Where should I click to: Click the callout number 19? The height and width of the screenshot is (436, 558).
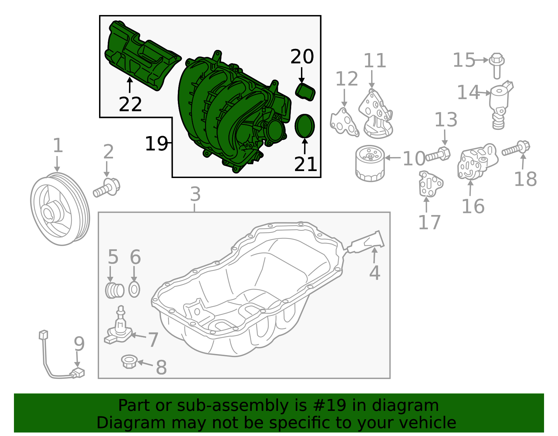click(x=157, y=143)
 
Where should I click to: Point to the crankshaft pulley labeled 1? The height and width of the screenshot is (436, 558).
click(x=60, y=209)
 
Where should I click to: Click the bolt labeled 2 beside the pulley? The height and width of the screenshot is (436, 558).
click(x=106, y=188)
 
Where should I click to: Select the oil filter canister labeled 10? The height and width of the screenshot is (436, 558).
click(x=370, y=163)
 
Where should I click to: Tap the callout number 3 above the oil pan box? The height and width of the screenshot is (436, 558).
click(x=195, y=194)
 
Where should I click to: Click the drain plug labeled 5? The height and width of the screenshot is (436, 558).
click(x=114, y=290)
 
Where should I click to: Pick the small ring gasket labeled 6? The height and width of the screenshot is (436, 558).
click(x=134, y=289)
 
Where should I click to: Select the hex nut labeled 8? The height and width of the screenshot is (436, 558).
click(x=129, y=362)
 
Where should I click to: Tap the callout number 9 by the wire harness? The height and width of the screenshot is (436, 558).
click(x=79, y=344)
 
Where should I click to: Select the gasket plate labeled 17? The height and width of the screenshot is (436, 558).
click(x=430, y=183)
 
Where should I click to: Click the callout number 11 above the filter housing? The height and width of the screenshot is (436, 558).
click(x=375, y=61)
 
